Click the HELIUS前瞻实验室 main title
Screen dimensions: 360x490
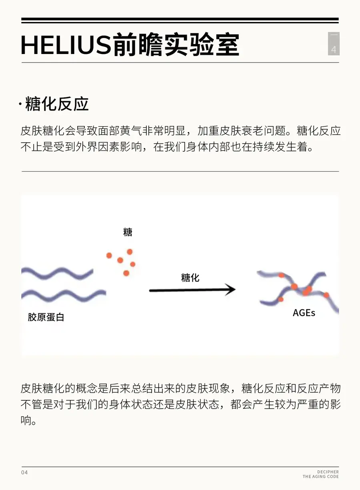pos(130,45)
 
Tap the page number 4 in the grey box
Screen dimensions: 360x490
pos(334,50)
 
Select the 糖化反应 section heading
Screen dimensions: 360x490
pos(57,104)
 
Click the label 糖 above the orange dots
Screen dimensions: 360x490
pos(128,232)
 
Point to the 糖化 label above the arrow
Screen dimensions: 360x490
pos(190,278)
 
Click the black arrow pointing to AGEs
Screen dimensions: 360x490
pos(192,290)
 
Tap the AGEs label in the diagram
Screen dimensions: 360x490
pos(304,313)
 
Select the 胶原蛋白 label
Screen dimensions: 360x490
pos(46,317)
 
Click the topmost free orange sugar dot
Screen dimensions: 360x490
pos(130,252)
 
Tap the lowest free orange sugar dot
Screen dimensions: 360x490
pos(126,273)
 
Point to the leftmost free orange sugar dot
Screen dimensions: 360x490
pos(109,255)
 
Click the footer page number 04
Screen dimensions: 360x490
pos(24,472)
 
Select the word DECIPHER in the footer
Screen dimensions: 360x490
pos(328,472)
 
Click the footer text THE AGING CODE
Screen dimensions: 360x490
pos(320,477)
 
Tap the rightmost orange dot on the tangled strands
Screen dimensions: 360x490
pos(326,295)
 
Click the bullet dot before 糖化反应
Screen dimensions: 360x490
pos(20,105)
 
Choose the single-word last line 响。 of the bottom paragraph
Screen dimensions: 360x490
pos(28,420)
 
